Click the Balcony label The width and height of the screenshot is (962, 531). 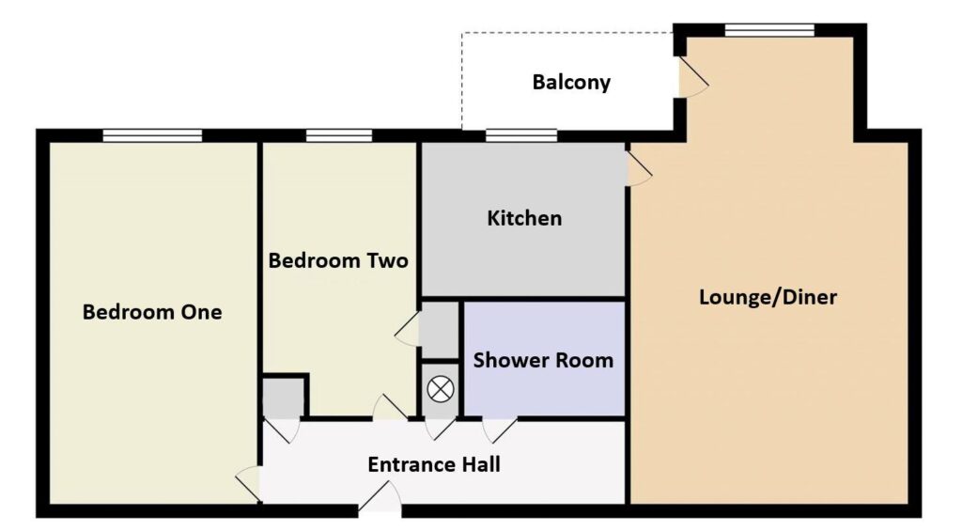pyautogui.click(x=571, y=83)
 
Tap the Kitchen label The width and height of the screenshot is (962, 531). pyautogui.click(x=524, y=219)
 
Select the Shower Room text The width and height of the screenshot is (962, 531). pyautogui.click(x=543, y=360)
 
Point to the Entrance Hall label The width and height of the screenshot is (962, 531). pyautogui.click(x=434, y=464)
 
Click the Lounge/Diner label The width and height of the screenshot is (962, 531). pyautogui.click(x=768, y=297)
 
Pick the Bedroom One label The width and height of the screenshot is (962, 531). pyautogui.click(x=152, y=312)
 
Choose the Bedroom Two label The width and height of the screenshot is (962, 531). pyautogui.click(x=338, y=261)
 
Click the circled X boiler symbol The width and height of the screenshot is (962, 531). pyautogui.click(x=441, y=389)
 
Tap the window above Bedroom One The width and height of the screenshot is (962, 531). pyautogui.click(x=152, y=135)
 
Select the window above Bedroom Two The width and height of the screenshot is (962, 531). pyautogui.click(x=338, y=135)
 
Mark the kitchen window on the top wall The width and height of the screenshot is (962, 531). pyautogui.click(x=521, y=135)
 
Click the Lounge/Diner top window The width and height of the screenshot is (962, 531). pyautogui.click(x=769, y=30)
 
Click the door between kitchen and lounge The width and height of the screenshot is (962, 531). pyautogui.click(x=638, y=168)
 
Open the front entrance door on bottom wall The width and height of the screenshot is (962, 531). pyautogui.click(x=380, y=497)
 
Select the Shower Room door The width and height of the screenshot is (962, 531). pyautogui.click(x=500, y=430)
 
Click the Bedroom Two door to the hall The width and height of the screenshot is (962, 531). pyautogui.click(x=390, y=407)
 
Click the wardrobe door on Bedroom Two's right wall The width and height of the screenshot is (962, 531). pyautogui.click(x=408, y=328)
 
